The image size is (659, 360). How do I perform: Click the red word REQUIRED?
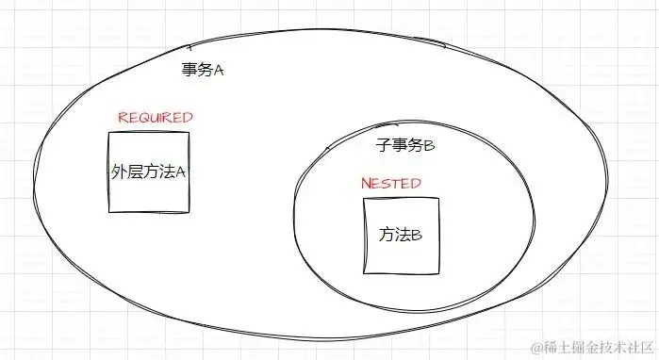click(x=156, y=118)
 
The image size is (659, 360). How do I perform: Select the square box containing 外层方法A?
click(x=148, y=172)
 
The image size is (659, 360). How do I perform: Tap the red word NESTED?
click(x=391, y=183)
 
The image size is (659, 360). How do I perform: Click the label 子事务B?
click(x=405, y=146)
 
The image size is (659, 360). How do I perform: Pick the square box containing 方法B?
click(x=401, y=235)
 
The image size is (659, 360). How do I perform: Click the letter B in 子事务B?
click(x=429, y=147)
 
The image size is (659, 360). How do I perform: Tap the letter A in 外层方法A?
click(x=181, y=173)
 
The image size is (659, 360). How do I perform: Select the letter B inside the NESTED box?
click(x=416, y=235)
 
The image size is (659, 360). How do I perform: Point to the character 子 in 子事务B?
click(x=383, y=146)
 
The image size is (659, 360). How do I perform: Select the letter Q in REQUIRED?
click(x=143, y=118)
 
